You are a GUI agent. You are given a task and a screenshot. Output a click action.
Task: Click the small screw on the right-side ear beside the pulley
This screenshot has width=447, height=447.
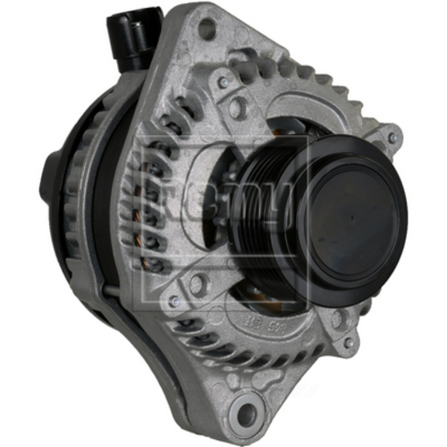[x=392, y=139]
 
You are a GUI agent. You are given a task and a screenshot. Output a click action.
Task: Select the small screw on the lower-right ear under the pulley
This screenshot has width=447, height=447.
[x=350, y=342]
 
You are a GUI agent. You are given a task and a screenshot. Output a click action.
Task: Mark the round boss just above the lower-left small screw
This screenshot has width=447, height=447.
[x=196, y=285]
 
